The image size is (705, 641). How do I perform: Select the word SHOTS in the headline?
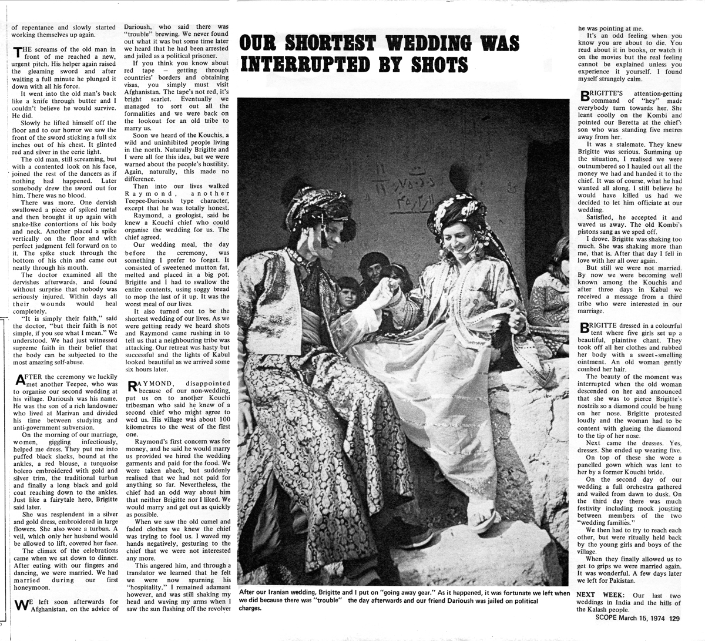click(419, 64)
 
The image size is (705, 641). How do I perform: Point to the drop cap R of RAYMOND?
click(133, 387)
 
